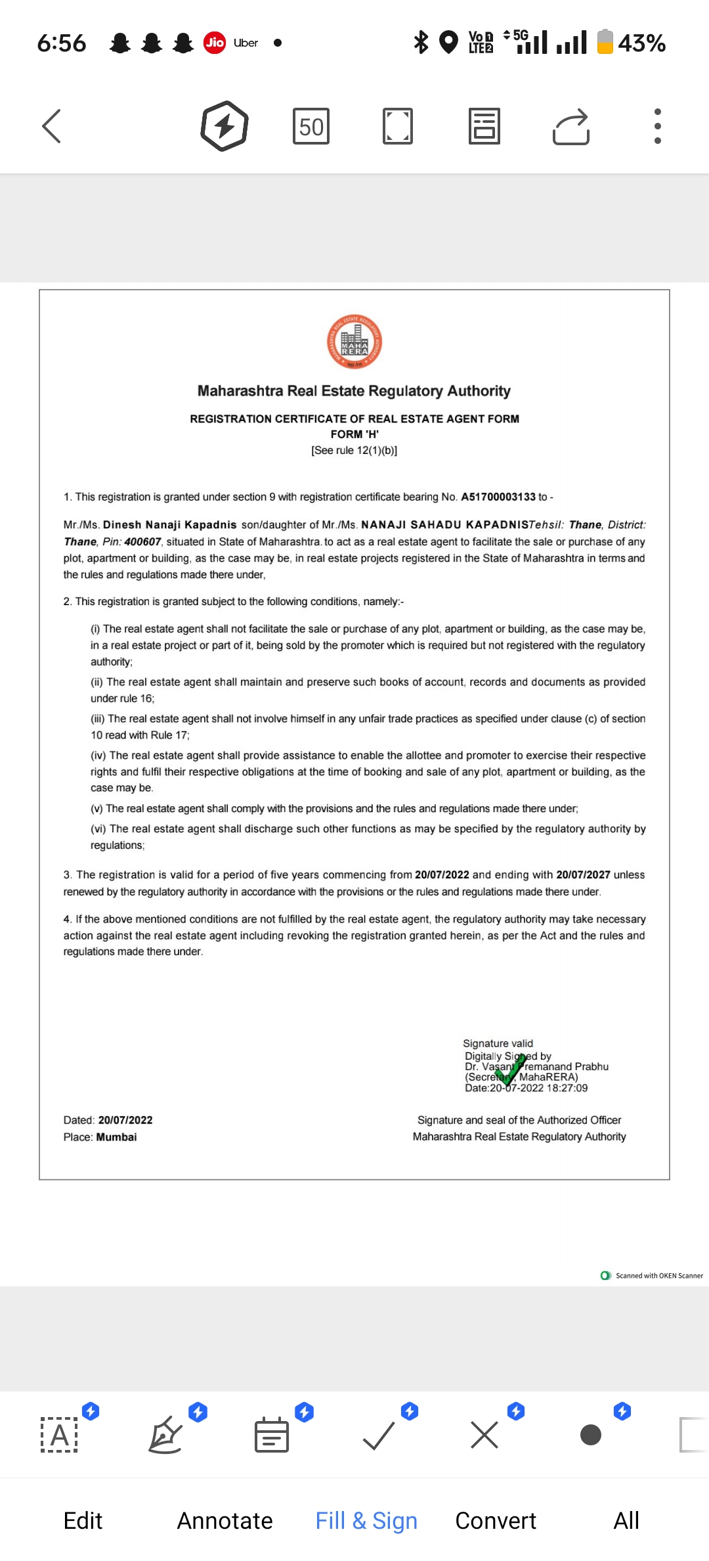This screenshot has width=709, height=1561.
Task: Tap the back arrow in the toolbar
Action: [x=52, y=126]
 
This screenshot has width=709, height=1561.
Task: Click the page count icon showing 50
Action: [x=311, y=126]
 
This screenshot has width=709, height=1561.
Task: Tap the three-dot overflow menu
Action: [x=657, y=126]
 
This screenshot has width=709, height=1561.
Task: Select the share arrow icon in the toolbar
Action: [x=571, y=126]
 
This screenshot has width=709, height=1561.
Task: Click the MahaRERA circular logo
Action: [x=354, y=342]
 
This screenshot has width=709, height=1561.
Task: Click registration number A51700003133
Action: [x=498, y=497]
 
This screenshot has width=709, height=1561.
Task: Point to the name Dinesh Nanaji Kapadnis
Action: [x=169, y=525]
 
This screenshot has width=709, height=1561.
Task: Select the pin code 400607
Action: [x=142, y=542]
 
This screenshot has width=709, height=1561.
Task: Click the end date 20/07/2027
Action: [x=583, y=875]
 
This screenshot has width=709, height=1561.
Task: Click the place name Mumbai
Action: [x=116, y=1137]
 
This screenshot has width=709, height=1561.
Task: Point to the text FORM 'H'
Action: [x=354, y=434]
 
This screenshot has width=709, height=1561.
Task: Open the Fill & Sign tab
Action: [x=366, y=1521]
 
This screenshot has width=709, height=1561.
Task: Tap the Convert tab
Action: [x=496, y=1521]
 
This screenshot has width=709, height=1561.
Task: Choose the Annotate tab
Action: [x=225, y=1521]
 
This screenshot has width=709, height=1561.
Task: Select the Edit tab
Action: [x=83, y=1521]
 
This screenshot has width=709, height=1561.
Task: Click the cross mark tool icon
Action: [x=484, y=1436]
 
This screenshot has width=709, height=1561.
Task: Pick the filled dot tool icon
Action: [x=591, y=1436]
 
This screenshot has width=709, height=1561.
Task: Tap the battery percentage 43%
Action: [x=641, y=43]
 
